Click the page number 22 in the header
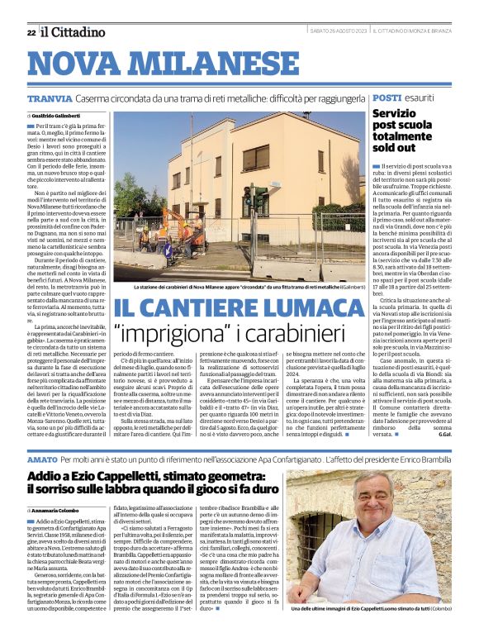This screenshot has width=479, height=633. tap(31, 32)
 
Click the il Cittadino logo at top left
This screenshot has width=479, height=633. tap(74, 32)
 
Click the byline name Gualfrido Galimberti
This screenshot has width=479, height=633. tap(58, 116)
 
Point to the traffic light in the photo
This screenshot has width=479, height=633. tap(259, 200)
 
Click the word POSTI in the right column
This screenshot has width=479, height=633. tap(387, 98)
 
